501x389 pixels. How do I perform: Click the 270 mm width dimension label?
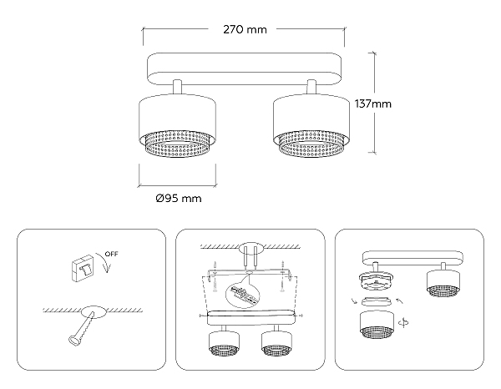click(245, 30)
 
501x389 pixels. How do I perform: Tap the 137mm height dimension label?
click(373, 104)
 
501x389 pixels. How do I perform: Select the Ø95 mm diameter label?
click(179, 199)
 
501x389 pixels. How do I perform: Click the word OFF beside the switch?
click(112, 254)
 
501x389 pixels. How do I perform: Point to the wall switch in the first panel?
click(83, 268)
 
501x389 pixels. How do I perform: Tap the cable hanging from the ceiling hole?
click(82, 329)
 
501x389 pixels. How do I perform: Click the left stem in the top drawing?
click(178, 87)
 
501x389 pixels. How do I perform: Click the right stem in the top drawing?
click(311, 87)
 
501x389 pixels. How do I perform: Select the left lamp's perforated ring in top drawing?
click(177, 145)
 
